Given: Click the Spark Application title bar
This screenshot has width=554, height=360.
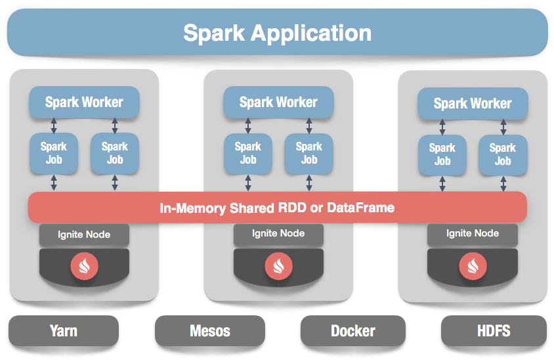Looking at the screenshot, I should coord(277,32).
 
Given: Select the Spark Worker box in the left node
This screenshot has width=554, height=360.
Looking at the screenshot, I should coord(84,102).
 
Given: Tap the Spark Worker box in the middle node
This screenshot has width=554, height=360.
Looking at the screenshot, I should coord(278,102).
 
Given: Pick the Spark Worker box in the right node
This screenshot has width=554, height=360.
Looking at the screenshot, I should coord(473,104).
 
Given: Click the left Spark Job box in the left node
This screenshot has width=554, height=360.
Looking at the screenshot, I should coord(54,154).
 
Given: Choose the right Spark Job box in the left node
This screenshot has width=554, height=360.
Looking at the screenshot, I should coord(115,154).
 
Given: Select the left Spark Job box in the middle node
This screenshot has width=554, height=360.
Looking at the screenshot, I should coord(248,154).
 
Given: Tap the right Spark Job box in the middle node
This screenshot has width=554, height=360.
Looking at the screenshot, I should coord(309,154).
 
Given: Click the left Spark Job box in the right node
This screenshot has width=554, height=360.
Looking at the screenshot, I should coord(442,155).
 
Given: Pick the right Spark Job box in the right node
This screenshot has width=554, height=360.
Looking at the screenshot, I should coord(503,155).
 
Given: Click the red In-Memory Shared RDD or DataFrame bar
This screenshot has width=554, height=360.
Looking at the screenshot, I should coord(277,208).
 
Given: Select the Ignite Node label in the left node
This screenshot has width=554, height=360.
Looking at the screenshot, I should coord(84,235).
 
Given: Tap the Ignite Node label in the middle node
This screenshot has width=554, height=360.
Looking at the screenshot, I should coord(278,234).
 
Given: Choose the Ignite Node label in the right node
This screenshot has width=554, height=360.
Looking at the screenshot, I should coord(473,234).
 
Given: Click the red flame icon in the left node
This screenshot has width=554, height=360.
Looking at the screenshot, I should coord(84,265).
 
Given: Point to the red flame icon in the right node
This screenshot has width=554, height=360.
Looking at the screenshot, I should coord(473,265).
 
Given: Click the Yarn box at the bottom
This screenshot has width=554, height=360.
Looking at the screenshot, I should coord(64,330).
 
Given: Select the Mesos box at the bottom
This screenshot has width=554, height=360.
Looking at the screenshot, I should coord(210,330).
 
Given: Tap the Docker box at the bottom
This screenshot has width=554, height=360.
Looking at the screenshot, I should coord(353,330).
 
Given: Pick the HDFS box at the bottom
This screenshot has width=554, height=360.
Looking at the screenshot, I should coord(494,330).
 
